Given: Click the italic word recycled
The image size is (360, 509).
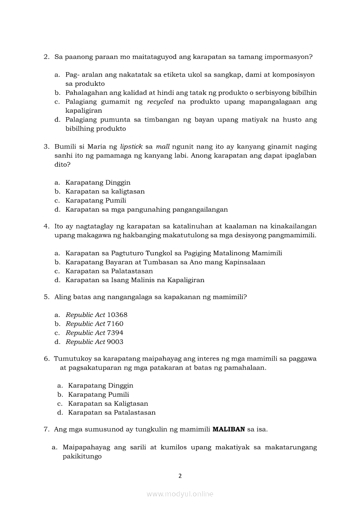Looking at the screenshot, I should [160, 102].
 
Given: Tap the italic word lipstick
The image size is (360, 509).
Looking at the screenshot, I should [131, 147].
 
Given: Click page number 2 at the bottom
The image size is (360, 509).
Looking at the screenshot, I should [180, 476].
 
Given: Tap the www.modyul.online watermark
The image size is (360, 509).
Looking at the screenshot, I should [180, 494].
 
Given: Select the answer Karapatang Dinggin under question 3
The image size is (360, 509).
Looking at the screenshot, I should [98, 182].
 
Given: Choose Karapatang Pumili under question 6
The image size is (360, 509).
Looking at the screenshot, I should [98, 394].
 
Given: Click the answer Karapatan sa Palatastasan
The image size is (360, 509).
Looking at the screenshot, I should [109, 271].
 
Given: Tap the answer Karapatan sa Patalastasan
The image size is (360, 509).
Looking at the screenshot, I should [112, 413].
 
